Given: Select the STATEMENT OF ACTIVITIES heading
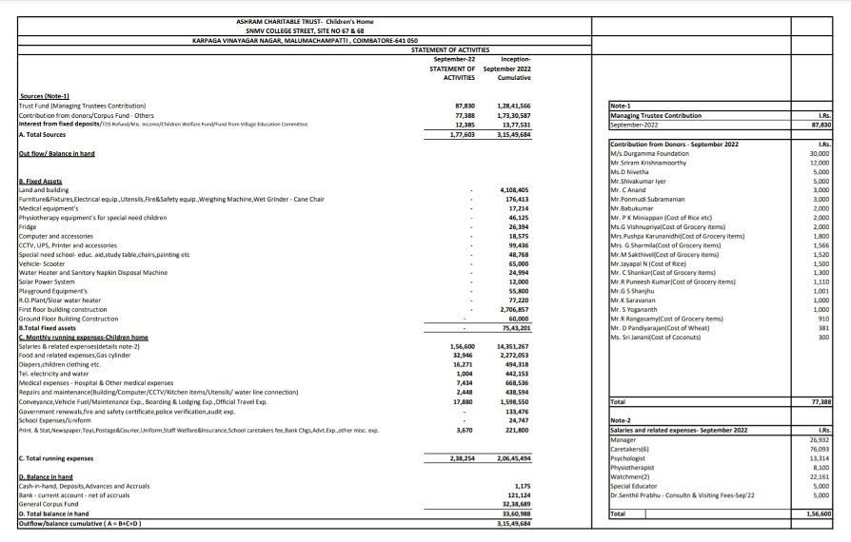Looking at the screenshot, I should [x=450, y=49].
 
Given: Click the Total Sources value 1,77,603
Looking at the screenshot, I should [x=460, y=134].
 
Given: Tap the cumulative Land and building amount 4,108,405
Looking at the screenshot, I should [x=514, y=189].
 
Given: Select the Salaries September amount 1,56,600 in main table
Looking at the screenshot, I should [x=460, y=346].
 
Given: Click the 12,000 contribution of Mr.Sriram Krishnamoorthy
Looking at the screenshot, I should [x=817, y=163].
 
